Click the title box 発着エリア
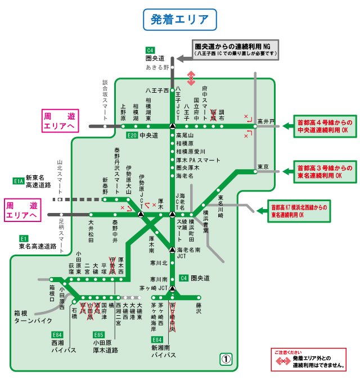click(x=180, y=19)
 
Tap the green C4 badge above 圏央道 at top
click(x=150, y=49)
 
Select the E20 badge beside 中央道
click(x=132, y=135)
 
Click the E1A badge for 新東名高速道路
click(x=18, y=181)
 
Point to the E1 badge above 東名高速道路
click(x=24, y=238)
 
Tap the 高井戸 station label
click(x=265, y=121)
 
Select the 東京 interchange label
click(x=263, y=167)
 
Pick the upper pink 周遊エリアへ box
click(x=58, y=121)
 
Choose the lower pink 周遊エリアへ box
click(x=21, y=210)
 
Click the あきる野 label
click(x=157, y=67)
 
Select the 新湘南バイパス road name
click(x=163, y=352)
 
